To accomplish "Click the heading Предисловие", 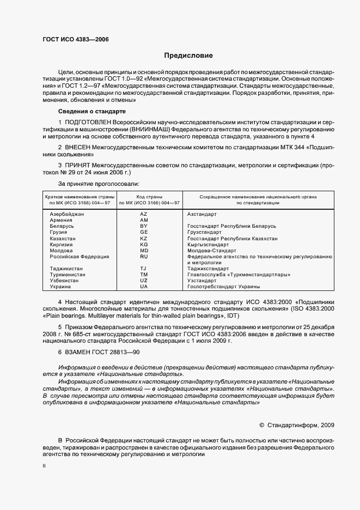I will [189, 56].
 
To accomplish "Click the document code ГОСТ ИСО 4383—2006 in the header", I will [72, 40].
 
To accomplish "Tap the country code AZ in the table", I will [144, 214].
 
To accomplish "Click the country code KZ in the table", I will [144, 238].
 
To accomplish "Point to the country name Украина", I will [60, 287].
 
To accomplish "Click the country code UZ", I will [144, 281].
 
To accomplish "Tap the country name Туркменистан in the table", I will [66, 275].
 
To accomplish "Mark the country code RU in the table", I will [144, 257].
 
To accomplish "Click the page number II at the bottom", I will [45, 466].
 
